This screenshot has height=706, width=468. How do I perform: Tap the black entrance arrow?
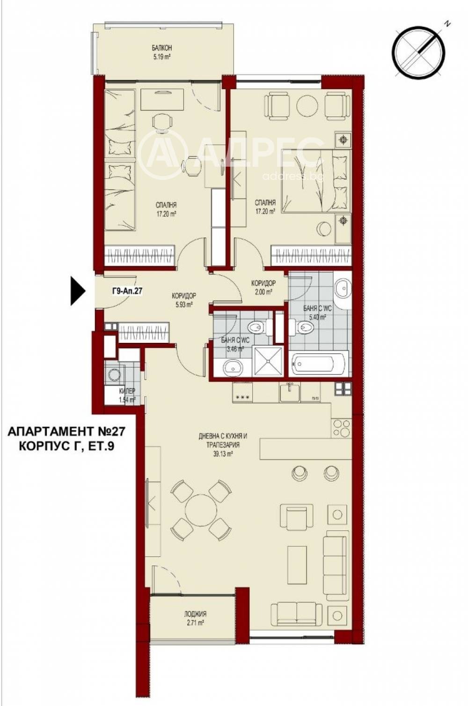(77, 291)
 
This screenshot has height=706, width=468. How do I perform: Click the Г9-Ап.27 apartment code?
(127, 290)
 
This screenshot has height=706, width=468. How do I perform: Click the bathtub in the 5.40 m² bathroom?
(319, 364)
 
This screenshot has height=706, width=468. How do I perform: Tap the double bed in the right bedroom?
(315, 180)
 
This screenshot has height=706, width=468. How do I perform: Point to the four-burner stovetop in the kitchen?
(341, 427)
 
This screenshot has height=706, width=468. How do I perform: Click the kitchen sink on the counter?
(290, 392)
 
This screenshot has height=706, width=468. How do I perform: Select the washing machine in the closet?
(114, 374)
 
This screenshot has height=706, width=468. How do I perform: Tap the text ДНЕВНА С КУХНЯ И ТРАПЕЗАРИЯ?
(223, 440)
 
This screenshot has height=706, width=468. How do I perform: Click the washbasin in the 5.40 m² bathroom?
(342, 289)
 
